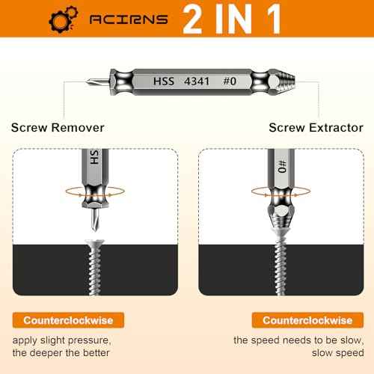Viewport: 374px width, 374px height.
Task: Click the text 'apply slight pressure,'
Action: [71, 340]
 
